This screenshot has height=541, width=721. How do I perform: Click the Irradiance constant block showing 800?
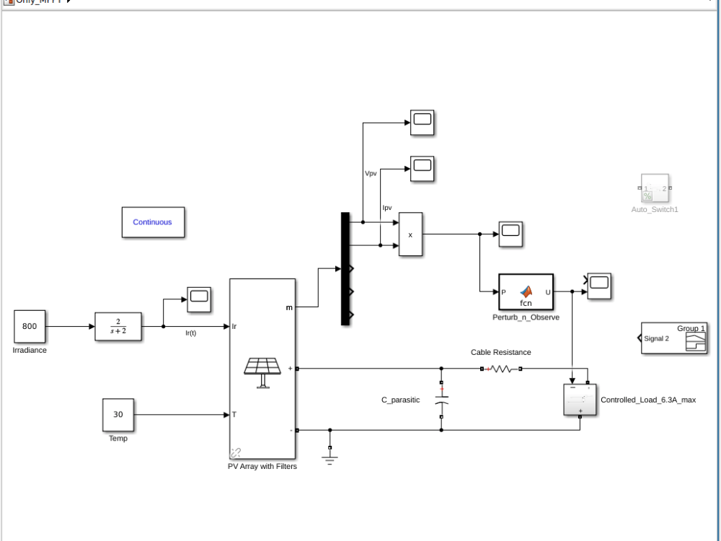click(30, 327)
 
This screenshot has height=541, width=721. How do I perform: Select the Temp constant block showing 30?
click(118, 415)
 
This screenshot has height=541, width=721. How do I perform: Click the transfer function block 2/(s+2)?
click(118, 327)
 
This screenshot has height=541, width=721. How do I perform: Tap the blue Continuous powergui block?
click(152, 222)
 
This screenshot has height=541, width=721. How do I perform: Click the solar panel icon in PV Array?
click(262, 371)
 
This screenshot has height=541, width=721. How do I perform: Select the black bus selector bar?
click(345, 268)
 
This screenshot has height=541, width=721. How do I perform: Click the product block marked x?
click(410, 234)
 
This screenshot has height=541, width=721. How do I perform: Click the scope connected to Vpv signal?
click(423, 123)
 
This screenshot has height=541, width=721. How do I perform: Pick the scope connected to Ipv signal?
click(423, 170)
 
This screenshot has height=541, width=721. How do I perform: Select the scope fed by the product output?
click(510, 234)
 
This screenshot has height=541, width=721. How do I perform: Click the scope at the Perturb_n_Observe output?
click(598, 286)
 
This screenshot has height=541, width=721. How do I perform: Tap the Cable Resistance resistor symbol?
click(501, 369)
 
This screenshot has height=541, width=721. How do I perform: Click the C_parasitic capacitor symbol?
click(442, 399)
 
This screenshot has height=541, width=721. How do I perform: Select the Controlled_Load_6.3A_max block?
click(580, 400)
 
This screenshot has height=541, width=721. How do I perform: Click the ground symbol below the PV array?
click(330, 456)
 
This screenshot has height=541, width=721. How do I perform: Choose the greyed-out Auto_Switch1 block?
click(655, 189)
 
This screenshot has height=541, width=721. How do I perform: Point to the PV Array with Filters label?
click(262, 466)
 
